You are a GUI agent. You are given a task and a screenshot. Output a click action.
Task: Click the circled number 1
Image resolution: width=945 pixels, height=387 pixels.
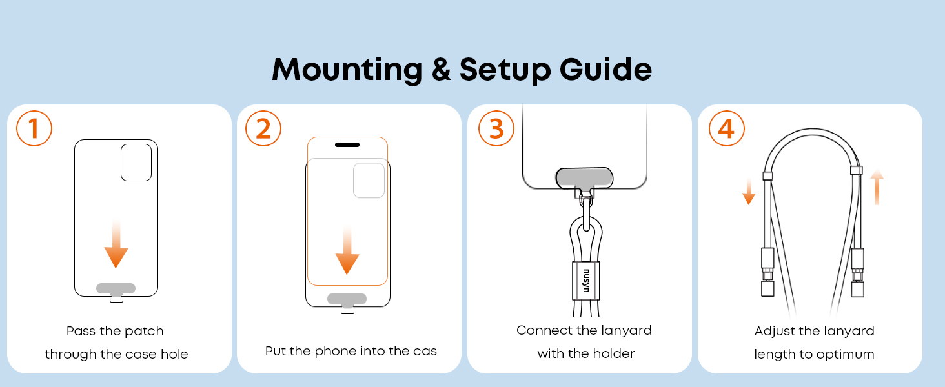pyautogui.click(x=34, y=128)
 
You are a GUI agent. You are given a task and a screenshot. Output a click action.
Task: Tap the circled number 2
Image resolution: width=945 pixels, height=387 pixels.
pyautogui.click(x=263, y=128)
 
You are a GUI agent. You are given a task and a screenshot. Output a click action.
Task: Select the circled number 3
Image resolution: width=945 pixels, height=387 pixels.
pyautogui.click(x=496, y=128)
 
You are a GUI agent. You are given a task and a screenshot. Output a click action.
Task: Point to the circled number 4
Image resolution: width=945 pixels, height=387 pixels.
pyautogui.click(x=726, y=128)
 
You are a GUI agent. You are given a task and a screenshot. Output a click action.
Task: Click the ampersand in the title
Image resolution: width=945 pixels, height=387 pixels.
pyautogui.click(x=442, y=70)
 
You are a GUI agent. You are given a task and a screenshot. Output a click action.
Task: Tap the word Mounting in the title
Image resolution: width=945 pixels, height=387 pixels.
pyautogui.click(x=347, y=70)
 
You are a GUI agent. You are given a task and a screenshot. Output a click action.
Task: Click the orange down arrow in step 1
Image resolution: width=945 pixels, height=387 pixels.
pyautogui.click(x=116, y=243)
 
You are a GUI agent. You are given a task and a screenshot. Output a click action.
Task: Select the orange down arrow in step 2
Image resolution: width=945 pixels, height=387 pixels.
pyautogui.click(x=347, y=250)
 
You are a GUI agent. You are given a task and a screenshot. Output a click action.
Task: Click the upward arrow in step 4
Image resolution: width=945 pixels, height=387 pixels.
pyautogui.click(x=877, y=187)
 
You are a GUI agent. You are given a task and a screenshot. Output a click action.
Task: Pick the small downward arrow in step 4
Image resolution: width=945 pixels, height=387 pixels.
pyautogui.click(x=749, y=191)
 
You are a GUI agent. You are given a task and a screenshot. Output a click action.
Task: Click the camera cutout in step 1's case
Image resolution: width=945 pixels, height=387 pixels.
pyautogui.click(x=136, y=163)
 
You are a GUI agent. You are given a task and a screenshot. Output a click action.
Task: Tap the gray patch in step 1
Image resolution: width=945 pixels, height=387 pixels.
pyautogui.click(x=116, y=288)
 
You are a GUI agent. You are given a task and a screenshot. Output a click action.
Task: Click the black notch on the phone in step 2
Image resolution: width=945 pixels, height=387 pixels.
pyautogui.click(x=347, y=144)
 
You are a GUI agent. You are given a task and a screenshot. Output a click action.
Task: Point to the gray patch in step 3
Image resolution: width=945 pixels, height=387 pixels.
pyautogui.click(x=584, y=178)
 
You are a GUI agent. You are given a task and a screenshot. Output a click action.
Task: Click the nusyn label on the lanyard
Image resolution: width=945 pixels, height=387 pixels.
pyautogui.click(x=586, y=281)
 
